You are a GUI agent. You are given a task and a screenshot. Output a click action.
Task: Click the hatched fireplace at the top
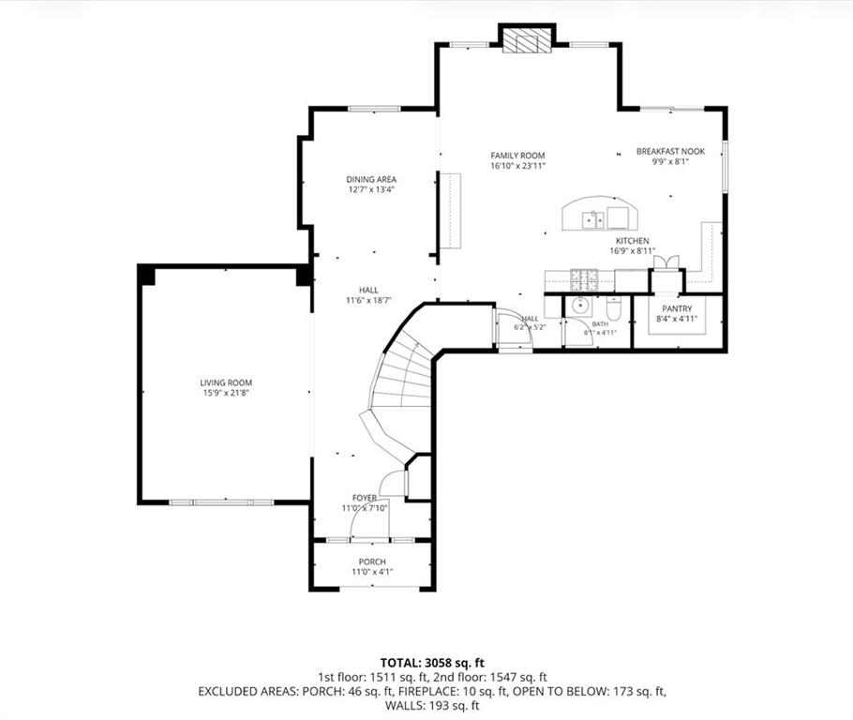[x=527, y=40]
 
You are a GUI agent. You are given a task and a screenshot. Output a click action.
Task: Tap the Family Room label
[x=517, y=156]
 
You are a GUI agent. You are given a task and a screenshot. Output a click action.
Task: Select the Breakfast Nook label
[x=670, y=151]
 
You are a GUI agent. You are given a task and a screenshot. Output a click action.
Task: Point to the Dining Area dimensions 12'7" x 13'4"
[x=371, y=189]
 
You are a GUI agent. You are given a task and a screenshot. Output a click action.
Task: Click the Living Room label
[x=226, y=382]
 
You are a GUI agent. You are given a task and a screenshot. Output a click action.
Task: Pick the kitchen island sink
[x=593, y=220]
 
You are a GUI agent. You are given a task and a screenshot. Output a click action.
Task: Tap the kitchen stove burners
[x=584, y=279]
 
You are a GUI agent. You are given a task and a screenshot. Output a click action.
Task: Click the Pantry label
[x=677, y=308]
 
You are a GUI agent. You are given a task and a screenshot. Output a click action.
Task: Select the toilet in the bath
[x=612, y=309]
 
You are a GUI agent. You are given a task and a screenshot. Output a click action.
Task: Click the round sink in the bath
[x=580, y=307]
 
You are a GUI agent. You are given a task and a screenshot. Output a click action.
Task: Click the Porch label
[x=372, y=562]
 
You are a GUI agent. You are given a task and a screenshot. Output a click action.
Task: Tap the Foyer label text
[x=365, y=498]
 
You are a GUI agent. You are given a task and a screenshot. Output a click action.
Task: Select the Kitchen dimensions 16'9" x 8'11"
[x=632, y=251]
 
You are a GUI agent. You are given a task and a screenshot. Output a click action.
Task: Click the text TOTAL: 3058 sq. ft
[x=432, y=663]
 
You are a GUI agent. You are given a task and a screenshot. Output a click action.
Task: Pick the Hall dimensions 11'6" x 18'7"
[x=368, y=300]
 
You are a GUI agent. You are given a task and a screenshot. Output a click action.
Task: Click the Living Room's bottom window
[x=221, y=502]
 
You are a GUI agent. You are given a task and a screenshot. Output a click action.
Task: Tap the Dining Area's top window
[x=374, y=109]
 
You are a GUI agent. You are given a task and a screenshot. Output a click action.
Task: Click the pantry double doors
[x=666, y=262]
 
